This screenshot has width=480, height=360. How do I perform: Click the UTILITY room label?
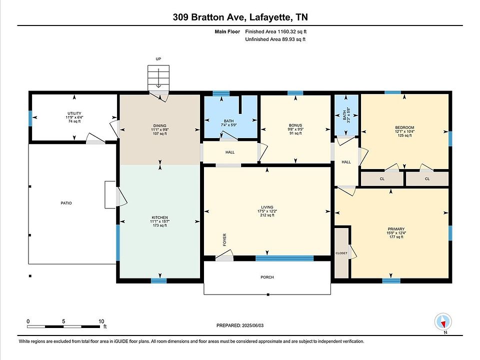click(74, 113)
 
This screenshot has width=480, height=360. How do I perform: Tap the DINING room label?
click(160, 125)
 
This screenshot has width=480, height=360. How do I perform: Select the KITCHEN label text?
click(160, 217)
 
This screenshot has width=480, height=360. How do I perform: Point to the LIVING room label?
click(267, 207)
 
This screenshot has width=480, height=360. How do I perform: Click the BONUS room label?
click(295, 125)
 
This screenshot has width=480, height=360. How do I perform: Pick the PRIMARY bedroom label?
click(396, 229)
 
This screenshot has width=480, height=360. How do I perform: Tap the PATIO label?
click(66, 203)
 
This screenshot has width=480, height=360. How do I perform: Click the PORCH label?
click(267, 277)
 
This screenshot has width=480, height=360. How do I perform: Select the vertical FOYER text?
click(224, 239)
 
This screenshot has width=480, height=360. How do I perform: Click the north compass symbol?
click(443, 322)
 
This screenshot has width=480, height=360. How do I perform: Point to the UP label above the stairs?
click(158, 59)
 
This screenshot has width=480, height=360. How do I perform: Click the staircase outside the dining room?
click(158, 78)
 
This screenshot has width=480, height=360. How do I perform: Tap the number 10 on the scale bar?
click(101, 321)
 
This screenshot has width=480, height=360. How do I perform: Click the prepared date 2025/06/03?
click(252, 325)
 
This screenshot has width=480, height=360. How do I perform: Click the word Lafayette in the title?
click(270, 17)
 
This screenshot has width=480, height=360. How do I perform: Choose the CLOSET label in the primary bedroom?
click(341, 253)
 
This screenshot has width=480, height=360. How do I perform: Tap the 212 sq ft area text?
click(267, 215)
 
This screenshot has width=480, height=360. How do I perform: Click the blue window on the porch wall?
click(284, 258)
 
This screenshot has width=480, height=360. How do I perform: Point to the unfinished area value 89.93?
click(288, 39)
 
